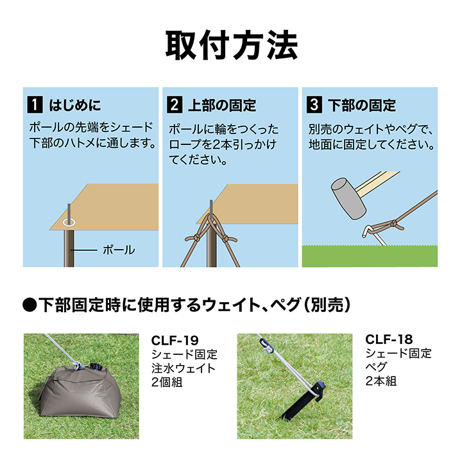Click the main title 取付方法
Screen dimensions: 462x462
(232, 45)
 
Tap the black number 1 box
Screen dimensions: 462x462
(35, 105)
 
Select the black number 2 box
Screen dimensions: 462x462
(175, 105)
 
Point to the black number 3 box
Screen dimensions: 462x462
(314, 105)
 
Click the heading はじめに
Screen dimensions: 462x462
(75, 105)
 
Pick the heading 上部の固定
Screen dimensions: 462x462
(222, 105)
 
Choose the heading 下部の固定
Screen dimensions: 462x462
(362, 105)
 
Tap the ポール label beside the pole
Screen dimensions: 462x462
(119, 250)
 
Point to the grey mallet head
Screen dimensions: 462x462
(348, 198)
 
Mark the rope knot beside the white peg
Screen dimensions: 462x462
(393, 224)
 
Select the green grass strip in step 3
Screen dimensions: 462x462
(370, 256)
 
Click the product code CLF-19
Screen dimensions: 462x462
(175, 341)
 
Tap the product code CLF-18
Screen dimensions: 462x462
(389, 339)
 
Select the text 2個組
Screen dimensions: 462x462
(167, 382)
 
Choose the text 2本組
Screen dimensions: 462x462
(381, 381)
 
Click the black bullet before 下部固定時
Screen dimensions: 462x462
(30, 305)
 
